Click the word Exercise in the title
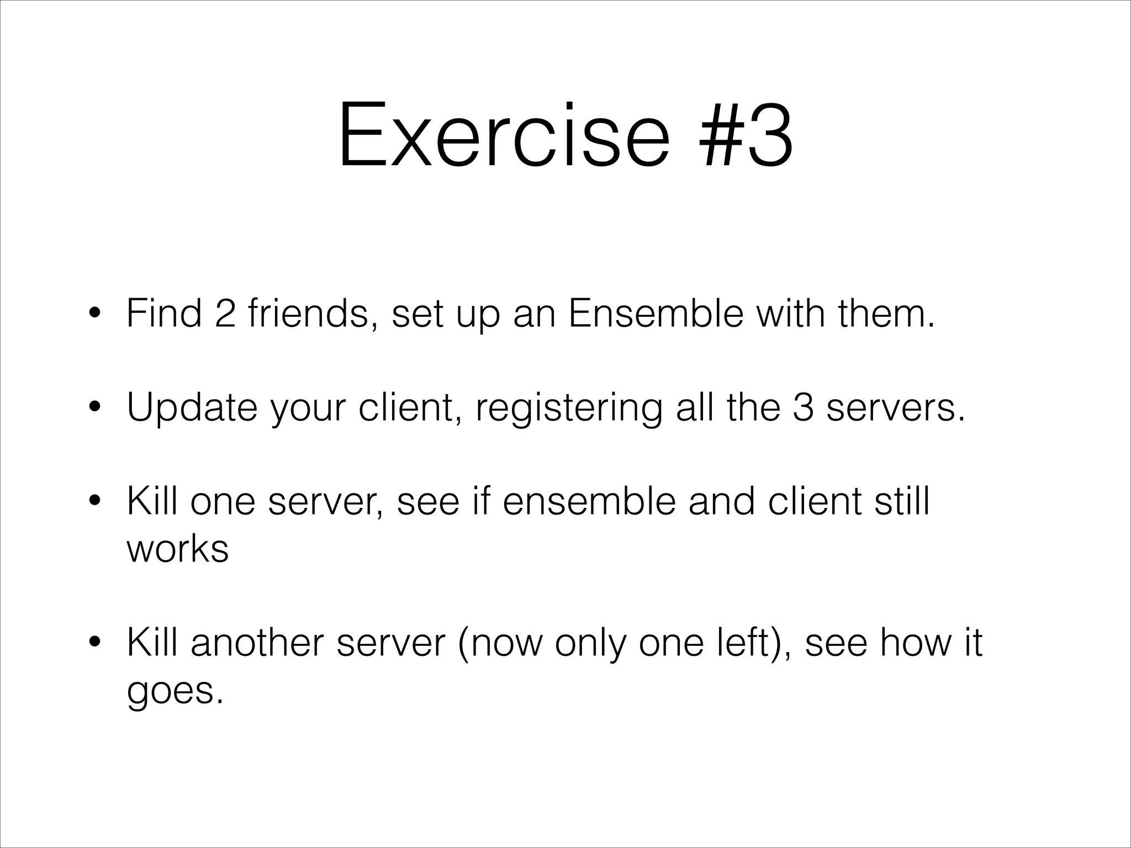click(x=503, y=135)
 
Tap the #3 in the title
click(x=746, y=135)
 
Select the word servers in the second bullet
click(x=895, y=407)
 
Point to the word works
click(x=177, y=549)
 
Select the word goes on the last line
click(x=175, y=691)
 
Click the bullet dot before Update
click(x=95, y=408)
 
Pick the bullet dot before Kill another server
click(x=95, y=644)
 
